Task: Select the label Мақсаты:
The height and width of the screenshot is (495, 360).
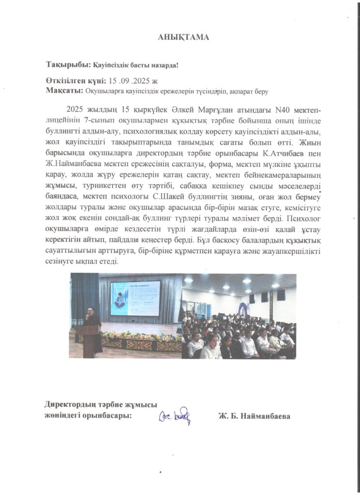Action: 64,90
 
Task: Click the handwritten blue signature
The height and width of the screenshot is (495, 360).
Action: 175,415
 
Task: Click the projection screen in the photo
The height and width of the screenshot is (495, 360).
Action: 135,298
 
